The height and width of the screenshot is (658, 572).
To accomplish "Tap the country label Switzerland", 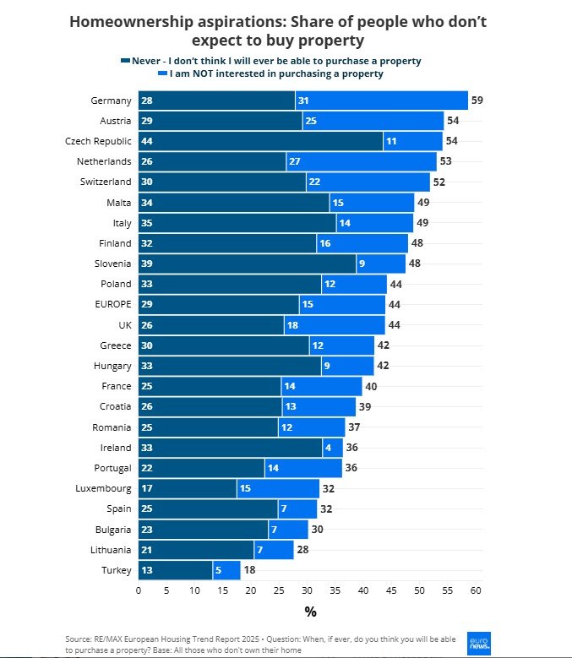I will (106, 182).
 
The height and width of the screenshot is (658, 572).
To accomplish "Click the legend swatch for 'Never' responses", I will (126, 62).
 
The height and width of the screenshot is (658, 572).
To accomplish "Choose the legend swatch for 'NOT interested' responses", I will (161, 74).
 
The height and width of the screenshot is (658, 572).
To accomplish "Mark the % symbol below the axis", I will (310, 612).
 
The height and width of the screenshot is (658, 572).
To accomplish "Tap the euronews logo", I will (479, 642).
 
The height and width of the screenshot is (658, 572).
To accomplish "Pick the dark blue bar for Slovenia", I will (247, 264).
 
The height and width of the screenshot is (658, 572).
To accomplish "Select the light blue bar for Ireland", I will (332, 448).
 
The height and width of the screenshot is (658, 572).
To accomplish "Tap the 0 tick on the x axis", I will (139, 590).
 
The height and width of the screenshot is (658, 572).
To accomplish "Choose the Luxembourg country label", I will (102, 489).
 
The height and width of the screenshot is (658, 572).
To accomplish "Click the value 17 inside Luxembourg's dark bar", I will (147, 489).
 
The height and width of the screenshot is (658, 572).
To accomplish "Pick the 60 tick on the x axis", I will (476, 590).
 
